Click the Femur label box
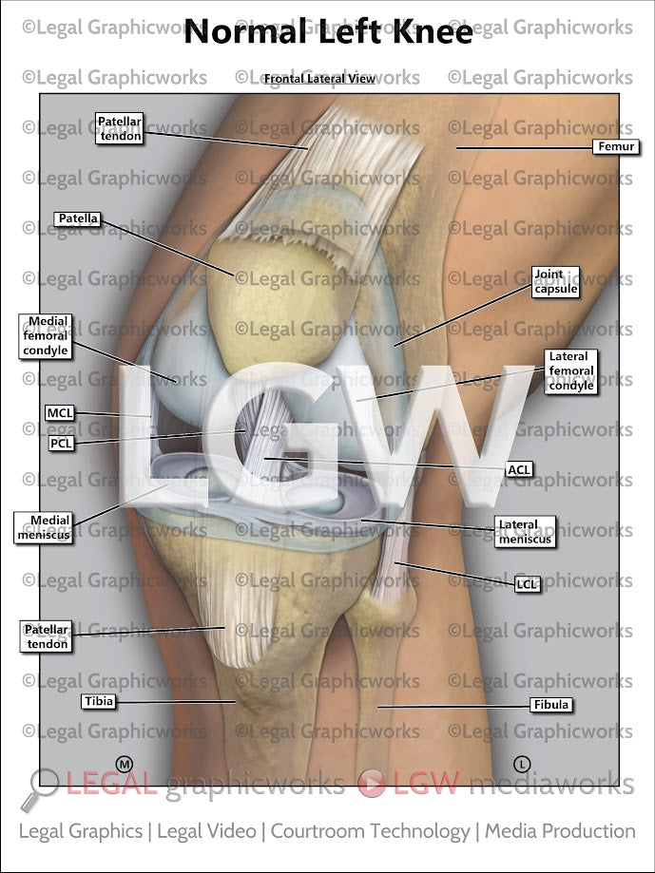pos(615,147)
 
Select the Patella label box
pos(78,218)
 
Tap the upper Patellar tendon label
pos(121,128)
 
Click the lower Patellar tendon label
pos(47,636)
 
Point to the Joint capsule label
pos(555,282)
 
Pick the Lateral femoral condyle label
pos(571,371)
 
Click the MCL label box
pos(59,413)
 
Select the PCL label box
pos(60,443)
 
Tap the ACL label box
pos(519,469)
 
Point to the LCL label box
pos(528,584)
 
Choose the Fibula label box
pos(552,705)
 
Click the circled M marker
pos(123,763)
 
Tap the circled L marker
pos(521,763)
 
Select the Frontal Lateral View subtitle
pos(319,79)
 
